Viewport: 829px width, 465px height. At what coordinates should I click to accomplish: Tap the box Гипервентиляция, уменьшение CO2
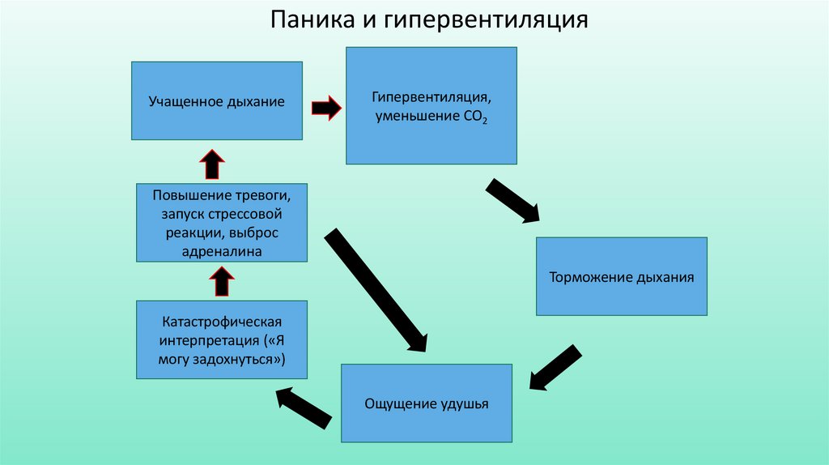(432, 105)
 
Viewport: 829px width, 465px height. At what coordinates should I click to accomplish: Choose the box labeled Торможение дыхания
(621, 276)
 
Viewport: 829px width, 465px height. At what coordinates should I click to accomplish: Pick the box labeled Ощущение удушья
(427, 403)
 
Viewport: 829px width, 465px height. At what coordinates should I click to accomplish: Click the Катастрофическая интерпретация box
(222, 339)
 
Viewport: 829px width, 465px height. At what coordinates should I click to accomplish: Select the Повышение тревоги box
(222, 222)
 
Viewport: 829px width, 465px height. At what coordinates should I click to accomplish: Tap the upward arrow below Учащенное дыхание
(212, 164)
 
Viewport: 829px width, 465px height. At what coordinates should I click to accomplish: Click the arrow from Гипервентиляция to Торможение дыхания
(512, 200)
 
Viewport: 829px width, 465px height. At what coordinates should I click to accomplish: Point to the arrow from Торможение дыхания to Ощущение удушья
(556, 367)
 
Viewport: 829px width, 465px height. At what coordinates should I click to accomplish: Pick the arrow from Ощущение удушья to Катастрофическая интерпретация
(304, 407)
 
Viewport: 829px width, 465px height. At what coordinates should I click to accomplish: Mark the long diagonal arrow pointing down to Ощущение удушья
(376, 289)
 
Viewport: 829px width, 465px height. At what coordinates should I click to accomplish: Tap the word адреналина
(222, 252)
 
